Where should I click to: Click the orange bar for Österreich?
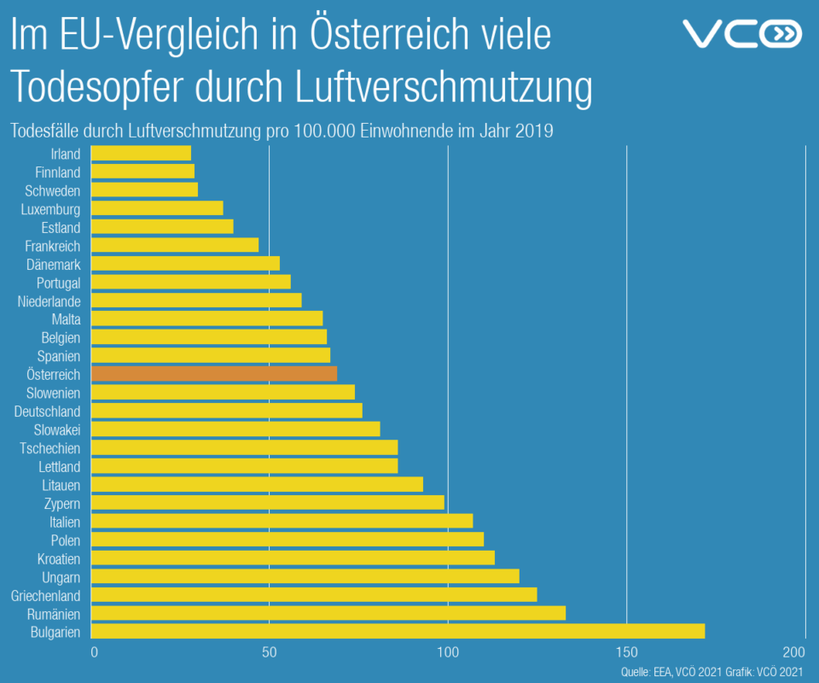tap(213, 374)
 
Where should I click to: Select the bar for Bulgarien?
tap(398, 631)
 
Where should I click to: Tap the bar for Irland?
tap(141, 154)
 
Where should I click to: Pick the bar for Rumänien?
tap(328, 613)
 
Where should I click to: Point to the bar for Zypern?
tap(267, 502)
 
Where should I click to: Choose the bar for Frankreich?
tap(174, 245)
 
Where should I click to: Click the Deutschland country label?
tap(48, 412)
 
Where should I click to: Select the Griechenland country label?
tap(45, 595)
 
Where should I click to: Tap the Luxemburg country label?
tap(51, 209)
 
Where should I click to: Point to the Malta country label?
tap(66, 319)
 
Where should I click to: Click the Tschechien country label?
tap(50, 448)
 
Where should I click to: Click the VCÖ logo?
tap(742, 34)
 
